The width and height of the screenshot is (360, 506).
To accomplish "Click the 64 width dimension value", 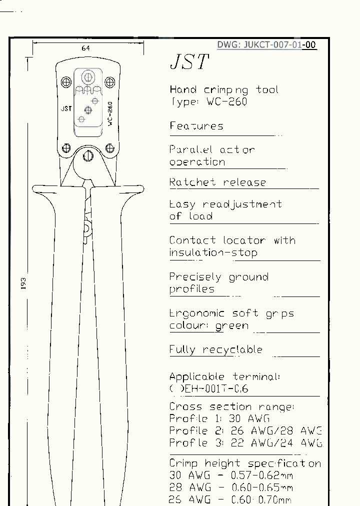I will coord(85,48).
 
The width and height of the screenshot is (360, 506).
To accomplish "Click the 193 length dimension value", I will coord(23,283).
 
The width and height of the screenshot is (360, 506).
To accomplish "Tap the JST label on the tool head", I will coord(66,108).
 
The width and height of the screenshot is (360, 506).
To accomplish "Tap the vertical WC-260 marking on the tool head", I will coord(109,114).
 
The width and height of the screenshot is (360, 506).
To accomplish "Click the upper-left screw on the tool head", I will coord(66,81).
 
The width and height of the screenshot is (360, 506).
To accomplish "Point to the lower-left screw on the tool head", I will coord(66,148).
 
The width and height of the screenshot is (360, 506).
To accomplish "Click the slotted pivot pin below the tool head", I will coord(88,155).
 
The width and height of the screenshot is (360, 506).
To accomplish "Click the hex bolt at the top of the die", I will coord(87,77).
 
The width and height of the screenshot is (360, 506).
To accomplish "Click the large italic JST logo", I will coord(189,62).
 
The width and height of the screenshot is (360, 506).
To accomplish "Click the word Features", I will coord(196,126).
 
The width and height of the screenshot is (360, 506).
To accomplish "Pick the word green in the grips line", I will coord(231,326).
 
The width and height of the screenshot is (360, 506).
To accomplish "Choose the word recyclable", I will coord(232,349).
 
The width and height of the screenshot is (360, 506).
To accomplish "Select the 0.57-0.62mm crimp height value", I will coord(259,475).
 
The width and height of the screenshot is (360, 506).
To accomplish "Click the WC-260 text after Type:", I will coord(226,102).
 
